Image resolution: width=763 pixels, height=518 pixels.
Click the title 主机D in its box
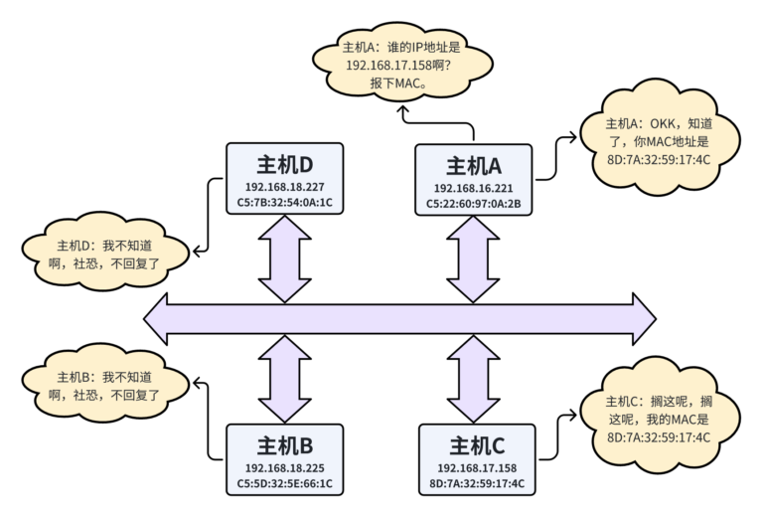(284, 163)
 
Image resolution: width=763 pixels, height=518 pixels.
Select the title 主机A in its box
(474, 166)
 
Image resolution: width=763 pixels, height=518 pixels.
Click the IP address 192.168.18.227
(284, 186)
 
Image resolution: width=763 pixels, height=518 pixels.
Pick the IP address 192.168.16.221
(474, 188)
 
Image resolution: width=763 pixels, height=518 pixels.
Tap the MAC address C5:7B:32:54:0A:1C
(284, 203)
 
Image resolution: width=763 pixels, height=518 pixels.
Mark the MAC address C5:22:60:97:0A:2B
(474, 205)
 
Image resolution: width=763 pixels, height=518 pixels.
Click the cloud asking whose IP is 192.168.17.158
(403, 66)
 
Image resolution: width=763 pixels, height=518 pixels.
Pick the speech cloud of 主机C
(658, 419)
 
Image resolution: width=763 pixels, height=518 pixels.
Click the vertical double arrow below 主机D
(284, 259)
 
